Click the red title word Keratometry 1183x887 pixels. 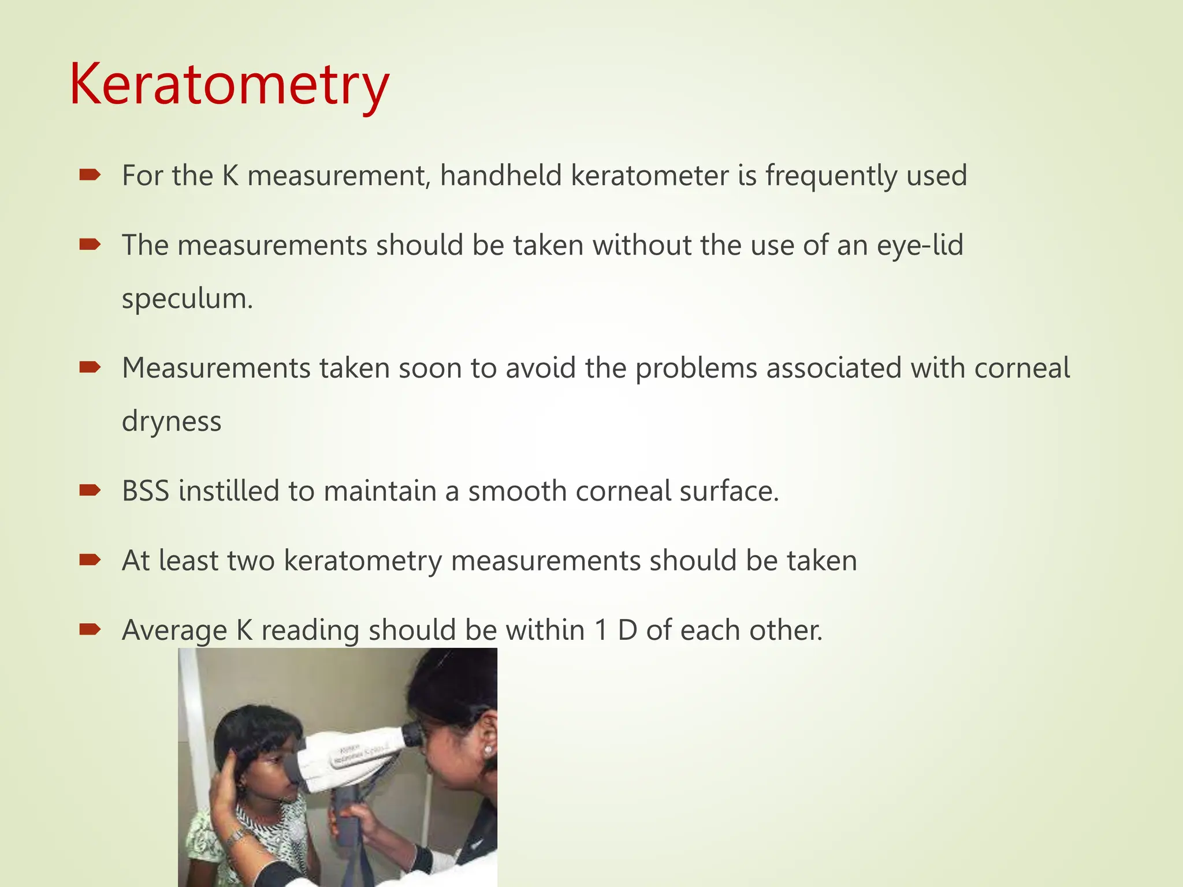coord(229,85)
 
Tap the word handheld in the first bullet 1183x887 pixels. coord(500,176)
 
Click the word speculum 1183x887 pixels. coord(187,299)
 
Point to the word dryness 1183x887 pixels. coord(172,421)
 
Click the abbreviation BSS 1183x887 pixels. coord(146,491)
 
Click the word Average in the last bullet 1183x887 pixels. coord(174,630)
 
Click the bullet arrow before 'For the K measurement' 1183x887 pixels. coord(90,175)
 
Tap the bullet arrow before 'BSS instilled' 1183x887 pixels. coord(90,490)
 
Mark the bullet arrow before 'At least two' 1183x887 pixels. coord(90,560)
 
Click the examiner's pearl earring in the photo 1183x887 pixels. coord(488,750)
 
